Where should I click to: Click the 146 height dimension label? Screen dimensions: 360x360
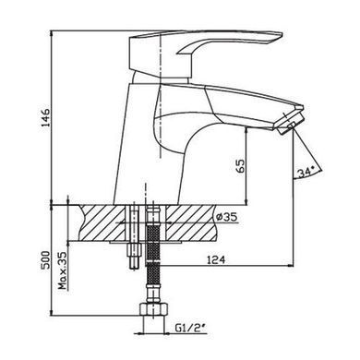[x=45, y=117]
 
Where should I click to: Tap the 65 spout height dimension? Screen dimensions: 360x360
[x=241, y=166]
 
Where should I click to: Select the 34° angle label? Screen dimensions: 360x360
[x=306, y=172]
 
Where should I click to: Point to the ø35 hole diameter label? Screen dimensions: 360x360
[x=227, y=217]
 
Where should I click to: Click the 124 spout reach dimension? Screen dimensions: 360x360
[x=216, y=259]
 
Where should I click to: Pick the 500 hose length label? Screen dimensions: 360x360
[x=45, y=260]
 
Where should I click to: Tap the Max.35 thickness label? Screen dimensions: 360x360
[x=63, y=270]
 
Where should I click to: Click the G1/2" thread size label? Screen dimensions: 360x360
[x=190, y=329]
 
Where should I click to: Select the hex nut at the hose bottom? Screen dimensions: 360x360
[x=154, y=309]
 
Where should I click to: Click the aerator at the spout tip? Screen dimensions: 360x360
[x=291, y=123]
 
